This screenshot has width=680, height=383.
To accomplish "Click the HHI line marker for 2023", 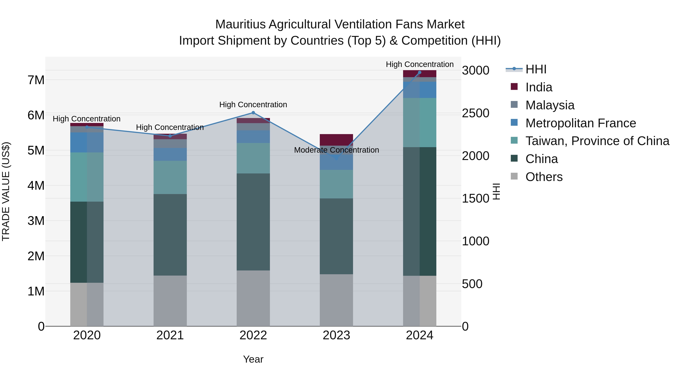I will [x=336, y=158].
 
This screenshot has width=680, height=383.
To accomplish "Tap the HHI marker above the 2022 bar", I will [x=253, y=113].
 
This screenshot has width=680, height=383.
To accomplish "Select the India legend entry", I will [x=539, y=87].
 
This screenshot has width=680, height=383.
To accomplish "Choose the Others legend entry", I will [x=544, y=177].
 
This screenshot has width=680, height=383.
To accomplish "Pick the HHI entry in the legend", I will [x=536, y=69].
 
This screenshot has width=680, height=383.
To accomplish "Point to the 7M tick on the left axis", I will [x=36, y=80].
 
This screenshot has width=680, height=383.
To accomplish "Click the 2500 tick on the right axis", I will [x=475, y=113].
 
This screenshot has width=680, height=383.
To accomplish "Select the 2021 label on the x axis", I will [x=170, y=335].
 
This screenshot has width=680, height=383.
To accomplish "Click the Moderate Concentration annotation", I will [x=336, y=150].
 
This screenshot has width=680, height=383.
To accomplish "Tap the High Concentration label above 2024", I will [x=420, y=64].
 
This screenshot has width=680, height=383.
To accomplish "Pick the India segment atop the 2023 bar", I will [x=336, y=140].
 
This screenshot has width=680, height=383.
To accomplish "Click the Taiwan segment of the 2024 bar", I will [x=420, y=122].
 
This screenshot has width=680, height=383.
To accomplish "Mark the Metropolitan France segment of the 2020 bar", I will [x=87, y=142].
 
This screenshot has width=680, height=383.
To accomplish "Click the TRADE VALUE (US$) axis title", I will [x=6, y=191].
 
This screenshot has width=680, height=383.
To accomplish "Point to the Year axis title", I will [x=253, y=359].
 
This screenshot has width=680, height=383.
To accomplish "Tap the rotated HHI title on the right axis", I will [x=496, y=191].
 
